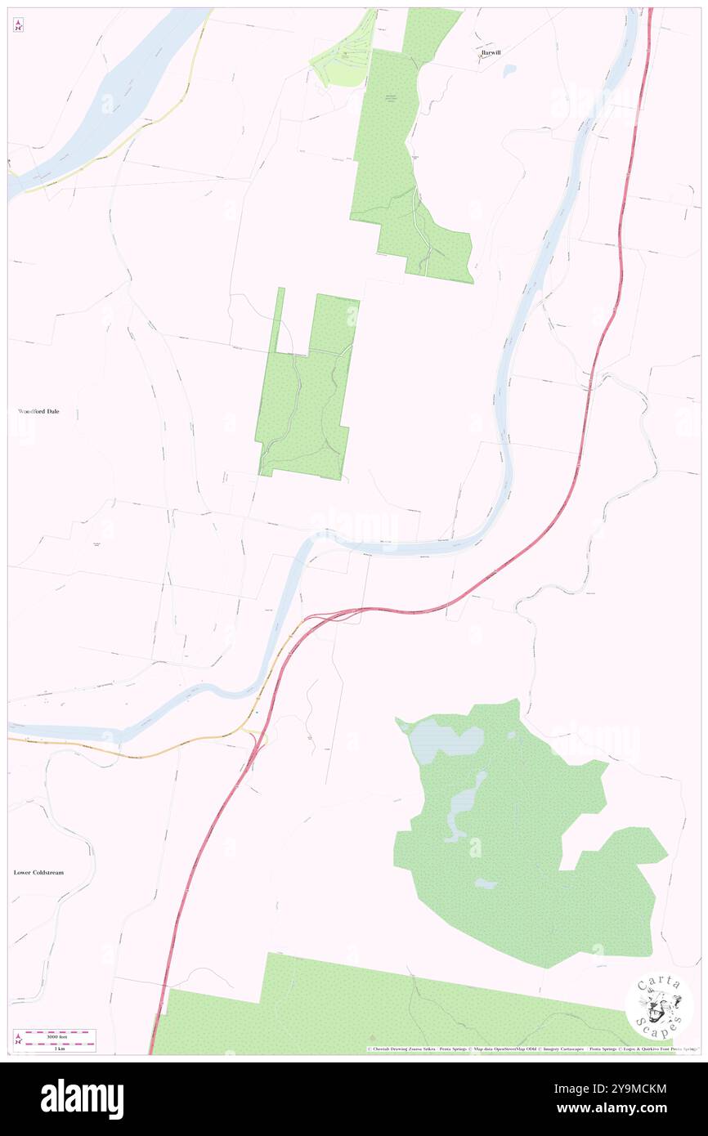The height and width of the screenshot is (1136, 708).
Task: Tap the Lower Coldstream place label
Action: (38, 872)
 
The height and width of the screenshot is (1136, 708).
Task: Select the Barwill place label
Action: (491, 51)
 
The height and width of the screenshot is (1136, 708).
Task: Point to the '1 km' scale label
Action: (56, 1049)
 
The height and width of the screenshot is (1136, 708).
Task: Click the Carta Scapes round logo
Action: (659, 1007)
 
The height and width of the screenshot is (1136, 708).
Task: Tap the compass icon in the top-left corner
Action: (18, 25)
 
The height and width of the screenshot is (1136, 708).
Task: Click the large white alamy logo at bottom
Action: (82, 1099)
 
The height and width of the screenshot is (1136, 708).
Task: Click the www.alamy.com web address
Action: (625, 1108)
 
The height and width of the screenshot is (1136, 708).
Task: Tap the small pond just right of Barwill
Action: (510, 71)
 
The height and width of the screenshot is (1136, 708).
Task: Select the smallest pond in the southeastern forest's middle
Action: (485, 883)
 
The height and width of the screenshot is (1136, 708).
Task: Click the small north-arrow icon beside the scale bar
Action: (18, 1040)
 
